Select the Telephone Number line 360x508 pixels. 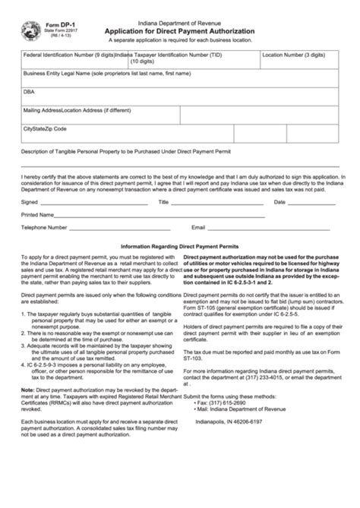pos(122,229)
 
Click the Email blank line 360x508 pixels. pos(273,229)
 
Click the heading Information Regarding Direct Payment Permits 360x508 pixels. pos(180,247)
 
